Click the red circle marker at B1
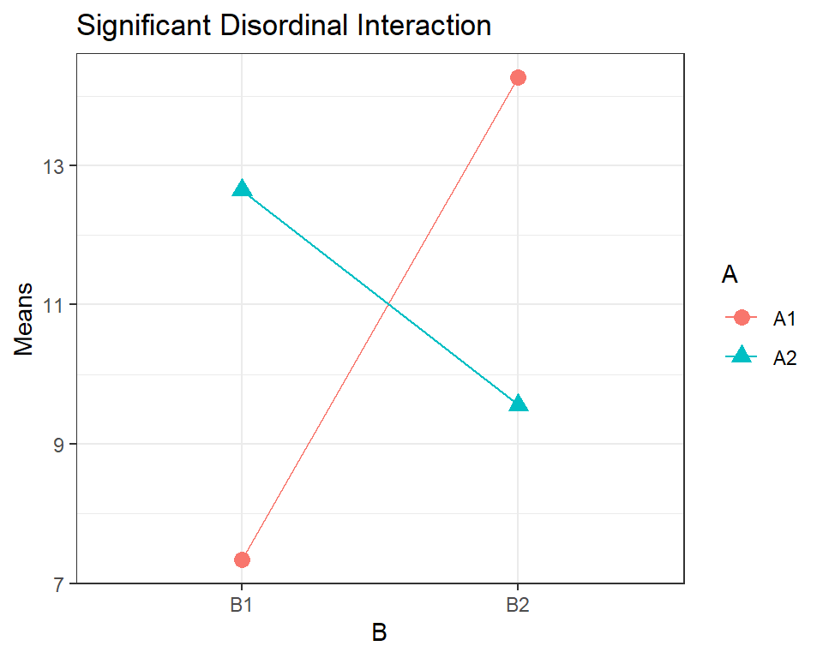[x=242, y=559]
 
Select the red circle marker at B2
[x=518, y=78]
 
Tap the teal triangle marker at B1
[x=242, y=189]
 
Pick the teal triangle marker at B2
[x=518, y=404]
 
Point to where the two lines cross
[x=389, y=303]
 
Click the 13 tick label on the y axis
[x=54, y=165]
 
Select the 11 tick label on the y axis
[x=54, y=305]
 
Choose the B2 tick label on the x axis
[x=517, y=604]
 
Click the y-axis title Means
[x=24, y=319]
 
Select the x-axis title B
[x=379, y=633]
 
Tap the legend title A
[x=730, y=275]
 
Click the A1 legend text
[x=785, y=319]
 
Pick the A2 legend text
[x=785, y=358]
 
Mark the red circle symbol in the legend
[x=742, y=319]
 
